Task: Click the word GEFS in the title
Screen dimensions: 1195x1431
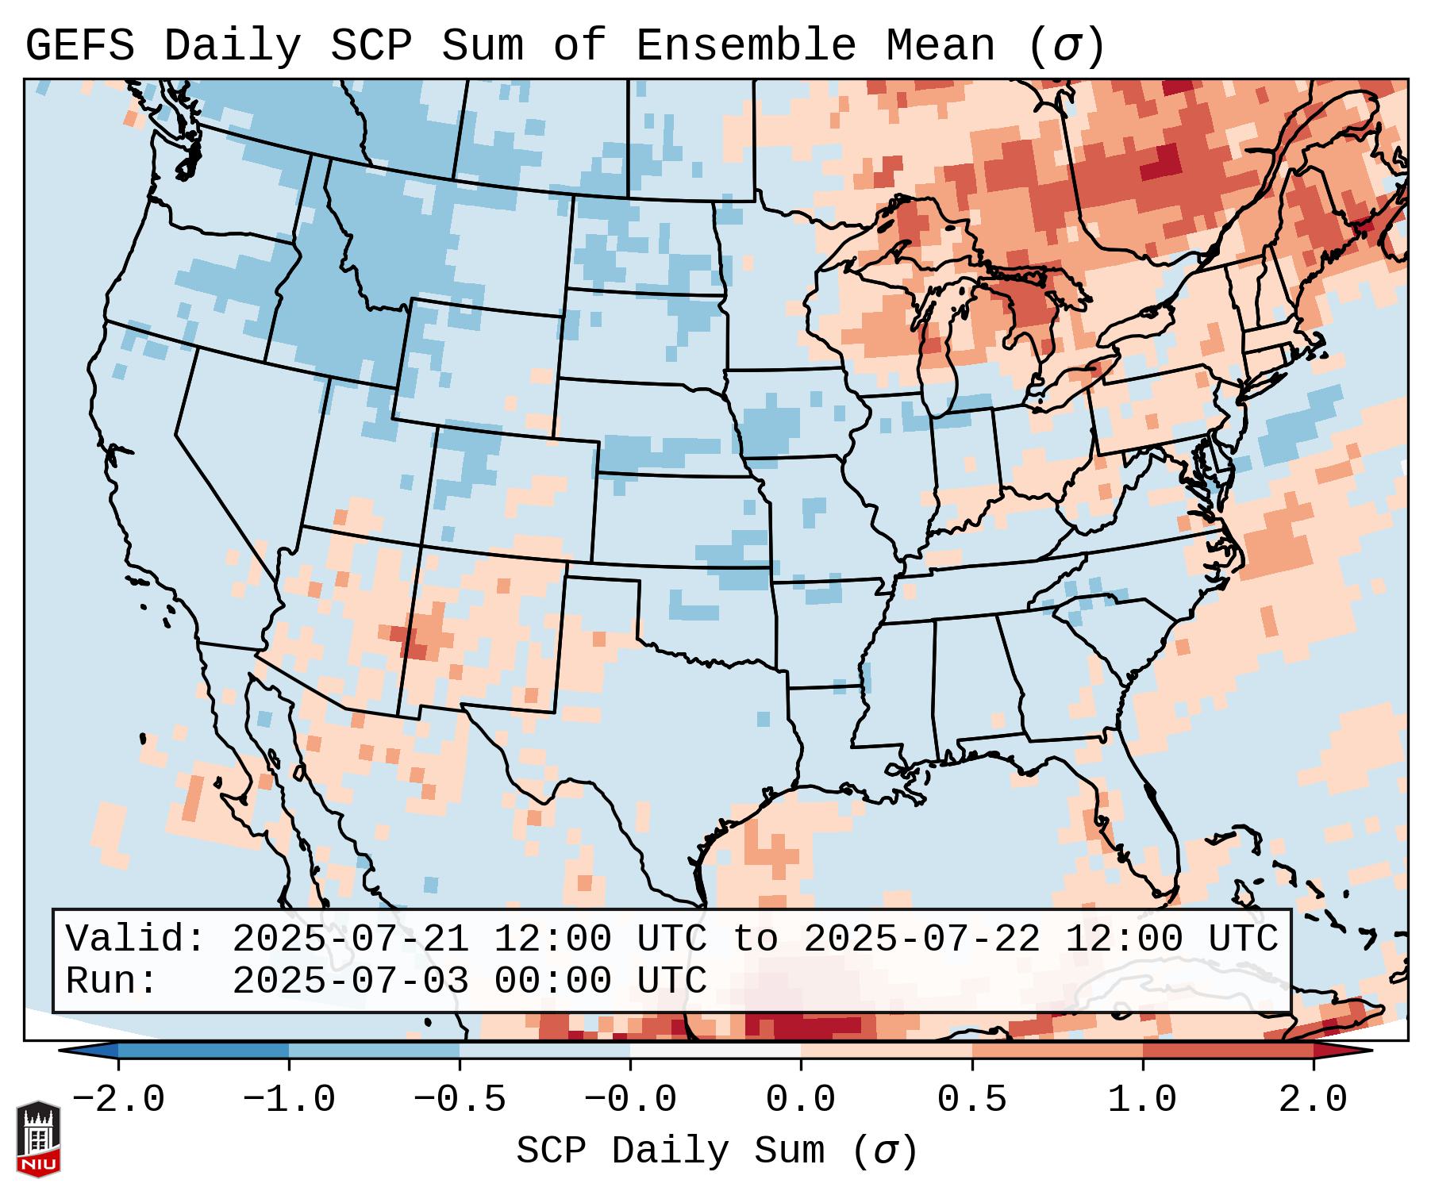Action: coord(79,46)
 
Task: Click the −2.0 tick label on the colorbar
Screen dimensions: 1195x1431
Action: coord(118,1100)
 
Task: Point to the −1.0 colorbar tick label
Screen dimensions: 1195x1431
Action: coord(289,1100)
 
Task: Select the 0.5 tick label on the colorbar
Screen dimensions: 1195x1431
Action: coord(971,1100)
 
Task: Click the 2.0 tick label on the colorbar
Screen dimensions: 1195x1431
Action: coord(1313,1100)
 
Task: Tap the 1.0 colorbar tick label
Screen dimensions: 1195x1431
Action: coord(1142,1100)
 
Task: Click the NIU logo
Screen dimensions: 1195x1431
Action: coord(38,1138)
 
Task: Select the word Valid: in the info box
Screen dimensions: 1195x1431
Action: coord(136,939)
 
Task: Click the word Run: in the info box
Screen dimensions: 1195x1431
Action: coord(112,982)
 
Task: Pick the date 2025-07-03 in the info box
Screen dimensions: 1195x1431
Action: coord(350,982)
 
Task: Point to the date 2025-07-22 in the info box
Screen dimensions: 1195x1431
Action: coord(921,939)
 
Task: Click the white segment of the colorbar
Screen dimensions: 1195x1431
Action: coord(715,1051)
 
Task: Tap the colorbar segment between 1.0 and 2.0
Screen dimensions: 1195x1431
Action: coord(1227,1051)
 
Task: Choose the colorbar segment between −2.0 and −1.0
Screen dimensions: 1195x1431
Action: coord(203,1051)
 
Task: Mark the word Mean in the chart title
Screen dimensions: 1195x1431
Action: coord(940,46)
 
